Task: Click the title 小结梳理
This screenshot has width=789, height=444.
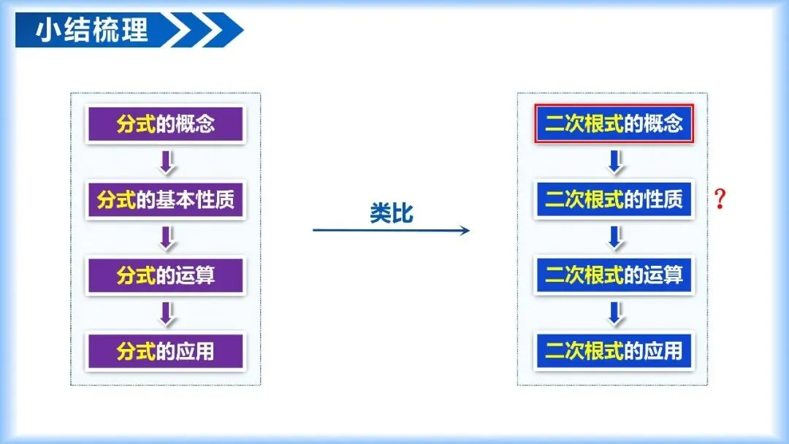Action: (x=92, y=30)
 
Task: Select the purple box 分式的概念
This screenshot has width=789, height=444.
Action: (x=165, y=123)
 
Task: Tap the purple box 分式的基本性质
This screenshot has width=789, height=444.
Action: (x=165, y=199)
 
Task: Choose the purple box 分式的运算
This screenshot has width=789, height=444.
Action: (x=165, y=275)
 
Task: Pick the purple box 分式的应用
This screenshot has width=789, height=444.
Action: (x=165, y=351)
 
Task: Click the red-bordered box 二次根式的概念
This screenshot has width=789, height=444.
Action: (x=613, y=123)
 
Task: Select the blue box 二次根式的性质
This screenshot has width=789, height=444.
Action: (x=613, y=199)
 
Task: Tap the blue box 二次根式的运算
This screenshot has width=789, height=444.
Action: (x=613, y=275)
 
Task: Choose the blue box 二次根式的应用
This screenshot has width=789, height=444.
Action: (x=613, y=351)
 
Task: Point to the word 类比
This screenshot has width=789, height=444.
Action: (x=391, y=213)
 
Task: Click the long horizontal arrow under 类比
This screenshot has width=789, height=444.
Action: (x=391, y=231)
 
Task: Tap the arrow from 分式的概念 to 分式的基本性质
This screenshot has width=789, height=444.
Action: (x=167, y=162)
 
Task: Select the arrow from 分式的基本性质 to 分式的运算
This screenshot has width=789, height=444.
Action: (x=167, y=238)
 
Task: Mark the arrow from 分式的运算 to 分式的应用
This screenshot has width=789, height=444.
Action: (x=167, y=314)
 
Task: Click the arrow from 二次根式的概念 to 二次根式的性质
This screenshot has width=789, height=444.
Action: (x=615, y=162)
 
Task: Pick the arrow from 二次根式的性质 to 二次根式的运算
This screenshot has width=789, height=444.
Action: (x=615, y=238)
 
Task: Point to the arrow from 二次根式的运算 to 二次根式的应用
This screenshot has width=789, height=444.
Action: (x=615, y=314)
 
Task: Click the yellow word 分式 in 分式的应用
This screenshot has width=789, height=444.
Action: (x=136, y=351)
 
